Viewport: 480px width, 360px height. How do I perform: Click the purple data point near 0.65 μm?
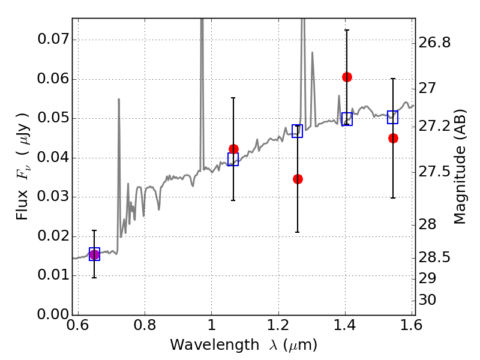point(94,254)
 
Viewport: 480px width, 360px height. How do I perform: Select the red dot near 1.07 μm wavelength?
point(233,149)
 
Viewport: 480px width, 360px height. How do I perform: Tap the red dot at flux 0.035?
point(298,179)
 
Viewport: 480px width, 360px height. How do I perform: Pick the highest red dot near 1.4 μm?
point(347,77)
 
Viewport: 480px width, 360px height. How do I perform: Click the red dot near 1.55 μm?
point(394,139)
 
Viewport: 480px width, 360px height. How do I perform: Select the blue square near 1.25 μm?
point(297,131)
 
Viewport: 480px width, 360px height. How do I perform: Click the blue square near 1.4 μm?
point(347,119)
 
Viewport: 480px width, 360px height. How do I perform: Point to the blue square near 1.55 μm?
point(392,117)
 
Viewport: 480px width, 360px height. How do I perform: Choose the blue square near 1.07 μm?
point(233,159)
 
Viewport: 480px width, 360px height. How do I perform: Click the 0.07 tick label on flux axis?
point(53,39)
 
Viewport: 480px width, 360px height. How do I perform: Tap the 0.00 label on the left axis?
point(53,314)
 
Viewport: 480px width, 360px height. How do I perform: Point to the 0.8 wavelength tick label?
point(145,325)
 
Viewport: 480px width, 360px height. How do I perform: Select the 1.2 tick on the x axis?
point(278,325)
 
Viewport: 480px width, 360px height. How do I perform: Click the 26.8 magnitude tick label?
point(434,42)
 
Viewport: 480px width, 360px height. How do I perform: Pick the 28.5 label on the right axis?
point(434,257)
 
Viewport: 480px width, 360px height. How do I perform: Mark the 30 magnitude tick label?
point(427,299)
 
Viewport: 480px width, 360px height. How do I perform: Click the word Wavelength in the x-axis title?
point(215,345)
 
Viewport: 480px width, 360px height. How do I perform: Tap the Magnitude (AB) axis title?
point(460,167)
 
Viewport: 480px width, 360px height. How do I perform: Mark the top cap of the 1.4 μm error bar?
point(347,30)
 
